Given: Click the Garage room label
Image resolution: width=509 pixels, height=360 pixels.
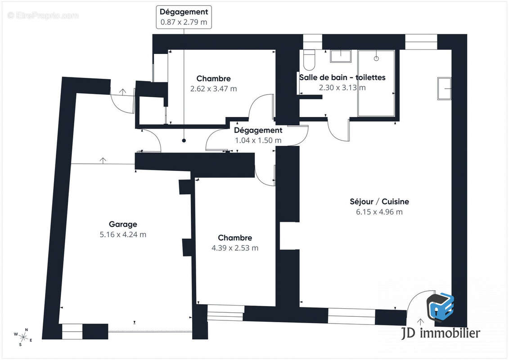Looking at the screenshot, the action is [x=123, y=224].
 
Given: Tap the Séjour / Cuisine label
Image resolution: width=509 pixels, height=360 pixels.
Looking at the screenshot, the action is [x=379, y=202].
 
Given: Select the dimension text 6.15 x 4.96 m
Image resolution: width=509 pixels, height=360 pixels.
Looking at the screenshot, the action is [x=379, y=212].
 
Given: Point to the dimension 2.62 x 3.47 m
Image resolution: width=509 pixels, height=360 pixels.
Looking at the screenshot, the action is [x=213, y=89].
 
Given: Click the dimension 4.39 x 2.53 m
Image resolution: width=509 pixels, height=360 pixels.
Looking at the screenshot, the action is [x=235, y=248].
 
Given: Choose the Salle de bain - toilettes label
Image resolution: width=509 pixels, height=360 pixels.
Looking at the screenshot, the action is [x=342, y=77].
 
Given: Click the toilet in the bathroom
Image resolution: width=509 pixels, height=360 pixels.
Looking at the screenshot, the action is [x=309, y=60].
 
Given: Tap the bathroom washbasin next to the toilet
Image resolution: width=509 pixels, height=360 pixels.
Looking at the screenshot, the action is [x=341, y=56].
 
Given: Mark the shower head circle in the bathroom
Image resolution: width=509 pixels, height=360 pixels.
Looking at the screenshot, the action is [x=376, y=58].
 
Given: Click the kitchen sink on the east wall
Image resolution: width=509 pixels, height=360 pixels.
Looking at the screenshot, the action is [x=444, y=88].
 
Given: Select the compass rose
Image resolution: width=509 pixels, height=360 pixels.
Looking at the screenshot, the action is [x=23, y=337].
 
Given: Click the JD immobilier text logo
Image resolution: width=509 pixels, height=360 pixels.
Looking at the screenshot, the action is [x=440, y=333].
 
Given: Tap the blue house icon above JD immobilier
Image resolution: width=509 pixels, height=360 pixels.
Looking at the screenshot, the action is [x=440, y=307].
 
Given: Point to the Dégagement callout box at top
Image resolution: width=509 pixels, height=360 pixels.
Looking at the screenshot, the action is [x=184, y=17].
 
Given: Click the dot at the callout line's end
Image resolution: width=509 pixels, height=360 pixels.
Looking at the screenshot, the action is [x=184, y=140].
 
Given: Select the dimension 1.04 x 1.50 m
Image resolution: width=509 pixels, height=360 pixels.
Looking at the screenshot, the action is [x=258, y=140].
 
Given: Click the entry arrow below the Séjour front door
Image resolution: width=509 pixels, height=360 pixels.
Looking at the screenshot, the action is [x=420, y=322].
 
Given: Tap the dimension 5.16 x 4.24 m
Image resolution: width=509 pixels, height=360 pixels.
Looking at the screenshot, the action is [x=123, y=235].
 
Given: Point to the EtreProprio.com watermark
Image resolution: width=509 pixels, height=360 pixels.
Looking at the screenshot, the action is [x=43, y=15].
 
